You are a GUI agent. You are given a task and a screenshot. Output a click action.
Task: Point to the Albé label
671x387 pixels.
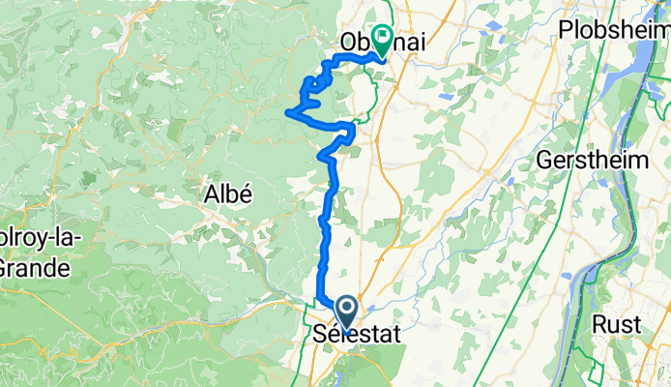click(228, 193)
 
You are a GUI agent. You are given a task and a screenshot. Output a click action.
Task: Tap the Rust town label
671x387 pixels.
click(617, 325)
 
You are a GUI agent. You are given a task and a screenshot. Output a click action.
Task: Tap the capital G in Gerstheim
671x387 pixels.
click(549, 158)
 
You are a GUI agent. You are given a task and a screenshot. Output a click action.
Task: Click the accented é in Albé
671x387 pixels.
click(247, 193)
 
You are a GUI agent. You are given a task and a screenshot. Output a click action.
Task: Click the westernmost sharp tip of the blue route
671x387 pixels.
click(284, 113)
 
